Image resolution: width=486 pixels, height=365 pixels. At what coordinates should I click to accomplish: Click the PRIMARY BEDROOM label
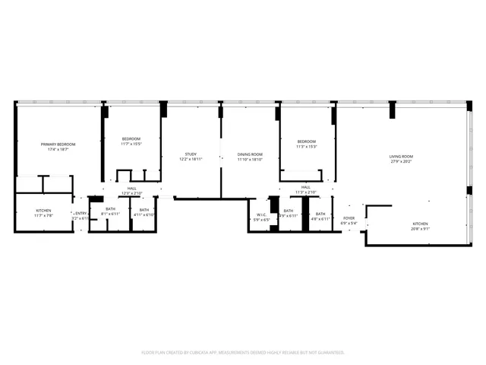[x=58, y=144]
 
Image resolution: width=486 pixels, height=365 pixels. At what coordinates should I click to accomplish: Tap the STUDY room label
[x=191, y=154]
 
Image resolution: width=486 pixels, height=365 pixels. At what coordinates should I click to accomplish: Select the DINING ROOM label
[x=249, y=154]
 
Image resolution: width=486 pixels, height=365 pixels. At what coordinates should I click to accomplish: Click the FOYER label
[x=349, y=219]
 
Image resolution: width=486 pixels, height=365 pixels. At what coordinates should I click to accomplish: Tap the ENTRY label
[x=80, y=213]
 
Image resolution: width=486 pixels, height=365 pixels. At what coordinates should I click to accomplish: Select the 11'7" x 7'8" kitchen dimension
[x=43, y=215]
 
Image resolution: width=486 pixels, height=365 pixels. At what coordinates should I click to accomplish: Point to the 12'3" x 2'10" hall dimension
[x=132, y=193]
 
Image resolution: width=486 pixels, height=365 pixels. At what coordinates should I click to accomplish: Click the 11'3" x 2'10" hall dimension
[x=305, y=192]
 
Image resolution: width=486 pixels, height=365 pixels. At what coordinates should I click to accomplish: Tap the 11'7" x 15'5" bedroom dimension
[x=131, y=144]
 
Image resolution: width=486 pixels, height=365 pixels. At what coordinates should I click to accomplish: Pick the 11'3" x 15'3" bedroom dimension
[x=306, y=147]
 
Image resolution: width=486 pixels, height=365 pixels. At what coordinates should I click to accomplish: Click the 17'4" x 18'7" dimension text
[x=58, y=149]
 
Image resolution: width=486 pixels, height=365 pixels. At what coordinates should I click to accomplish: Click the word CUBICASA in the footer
[x=216, y=353]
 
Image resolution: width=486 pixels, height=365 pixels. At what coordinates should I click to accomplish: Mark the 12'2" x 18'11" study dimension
[x=191, y=160]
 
